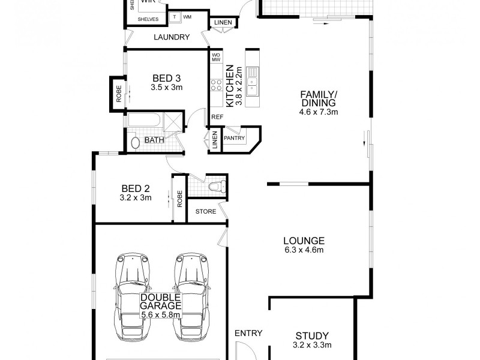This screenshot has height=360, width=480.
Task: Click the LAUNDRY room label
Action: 171,37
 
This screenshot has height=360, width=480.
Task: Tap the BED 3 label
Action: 166,78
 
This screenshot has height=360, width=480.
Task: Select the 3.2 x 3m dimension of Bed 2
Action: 136,197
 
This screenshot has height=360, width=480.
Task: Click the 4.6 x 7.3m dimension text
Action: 319,112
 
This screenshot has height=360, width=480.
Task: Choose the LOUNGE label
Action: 304,241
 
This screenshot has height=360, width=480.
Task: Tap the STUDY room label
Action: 312,335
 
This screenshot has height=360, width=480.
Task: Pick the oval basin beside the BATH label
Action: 136,143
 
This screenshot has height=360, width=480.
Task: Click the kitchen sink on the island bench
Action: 253,83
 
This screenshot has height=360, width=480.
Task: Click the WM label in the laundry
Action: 188,17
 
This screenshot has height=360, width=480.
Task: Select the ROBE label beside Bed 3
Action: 118,95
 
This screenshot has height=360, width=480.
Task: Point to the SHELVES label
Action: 148,19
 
